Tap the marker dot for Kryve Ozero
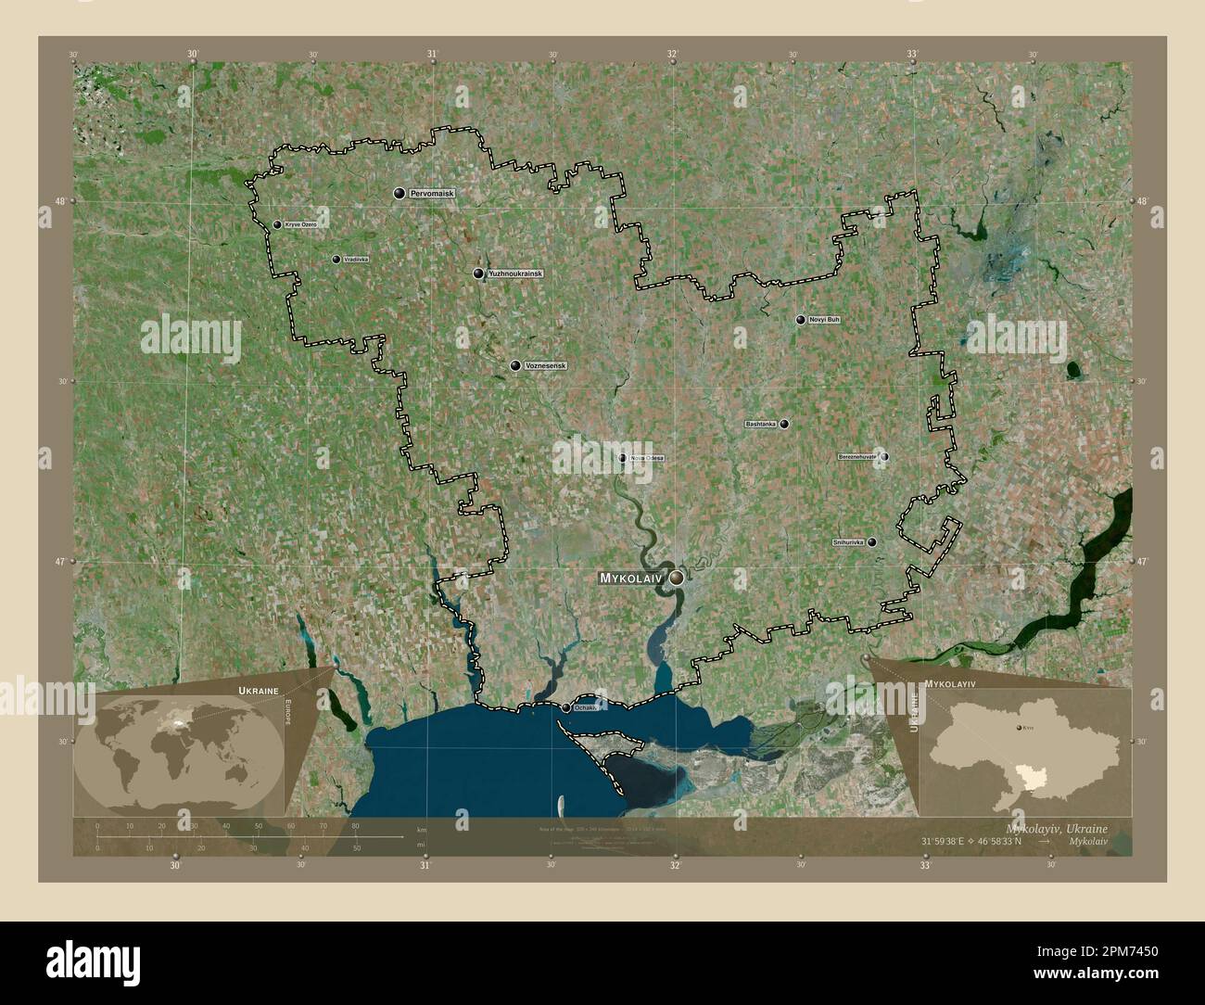coord(277,224)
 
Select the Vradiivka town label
coord(356,260)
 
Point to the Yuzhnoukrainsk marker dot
coord(478,274)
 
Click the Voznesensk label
coord(545,366)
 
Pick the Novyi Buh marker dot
coord(801,320)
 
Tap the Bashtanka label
coord(761,425)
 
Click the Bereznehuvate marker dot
coord(885,457)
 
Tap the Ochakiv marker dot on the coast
coord(565,708)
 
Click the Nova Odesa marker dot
coord(623,457)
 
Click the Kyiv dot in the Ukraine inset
coord(1021,731)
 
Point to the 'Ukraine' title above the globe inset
coord(257,692)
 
